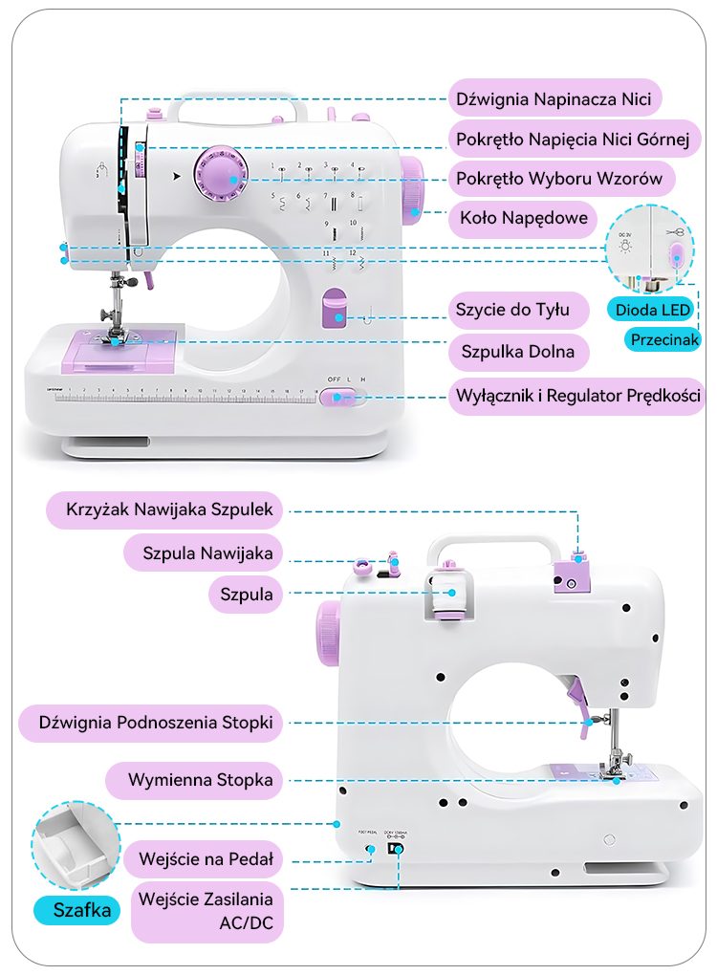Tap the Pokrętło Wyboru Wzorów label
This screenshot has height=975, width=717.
point(559,179)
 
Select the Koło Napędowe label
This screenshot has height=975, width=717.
point(523,219)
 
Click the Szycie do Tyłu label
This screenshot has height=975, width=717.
point(512,310)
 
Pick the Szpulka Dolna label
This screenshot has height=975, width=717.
point(517,352)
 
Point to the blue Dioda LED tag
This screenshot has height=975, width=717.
point(652,310)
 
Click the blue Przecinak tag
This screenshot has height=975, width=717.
point(663,339)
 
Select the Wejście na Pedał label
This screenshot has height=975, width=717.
point(205,858)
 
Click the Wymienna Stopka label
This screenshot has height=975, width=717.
point(202,780)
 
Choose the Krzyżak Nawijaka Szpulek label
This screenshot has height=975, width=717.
point(168,509)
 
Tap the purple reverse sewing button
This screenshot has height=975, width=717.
point(335,309)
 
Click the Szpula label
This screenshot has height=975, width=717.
point(247,595)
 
